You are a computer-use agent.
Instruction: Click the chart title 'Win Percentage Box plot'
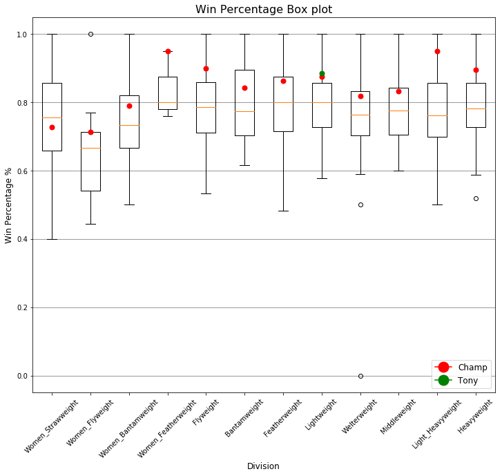(x=263, y=10)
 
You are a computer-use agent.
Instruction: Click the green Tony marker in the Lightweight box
(x=322, y=74)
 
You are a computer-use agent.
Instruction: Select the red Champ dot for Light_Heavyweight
(x=437, y=51)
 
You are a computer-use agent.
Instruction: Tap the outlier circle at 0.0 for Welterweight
(x=360, y=376)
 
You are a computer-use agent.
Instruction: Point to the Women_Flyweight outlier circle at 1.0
(x=90, y=34)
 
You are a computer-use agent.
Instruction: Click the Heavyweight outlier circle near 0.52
(x=476, y=198)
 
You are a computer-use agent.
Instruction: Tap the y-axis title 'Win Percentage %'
(x=9, y=205)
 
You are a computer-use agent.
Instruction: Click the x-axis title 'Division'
(x=263, y=466)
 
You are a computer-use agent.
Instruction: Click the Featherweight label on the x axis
(x=283, y=417)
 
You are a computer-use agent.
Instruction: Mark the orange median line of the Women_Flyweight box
(x=90, y=148)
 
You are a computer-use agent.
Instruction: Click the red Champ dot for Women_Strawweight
(x=52, y=127)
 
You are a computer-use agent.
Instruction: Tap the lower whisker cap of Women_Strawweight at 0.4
(x=52, y=239)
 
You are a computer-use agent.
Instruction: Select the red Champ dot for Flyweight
(x=206, y=68)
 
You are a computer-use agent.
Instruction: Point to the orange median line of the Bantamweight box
(x=244, y=111)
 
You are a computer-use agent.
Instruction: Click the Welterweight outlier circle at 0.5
(x=360, y=204)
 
